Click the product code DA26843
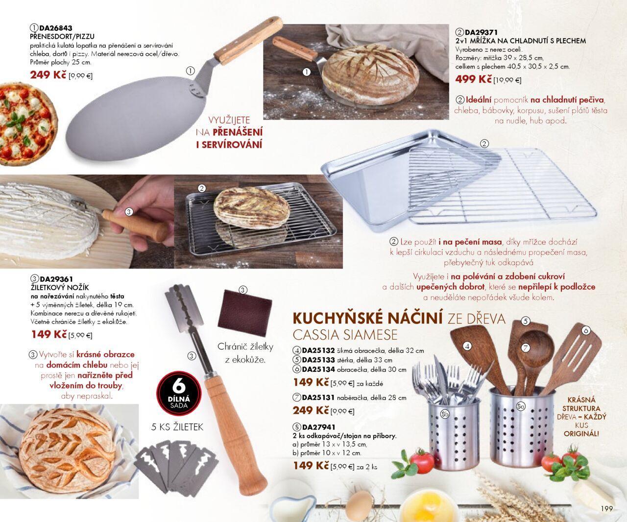tap(56, 28)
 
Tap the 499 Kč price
tap(474, 79)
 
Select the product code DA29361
tap(56, 279)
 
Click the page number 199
tap(606, 508)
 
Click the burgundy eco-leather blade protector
tap(245, 312)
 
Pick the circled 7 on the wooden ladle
tap(525, 348)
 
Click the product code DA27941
tap(318, 427)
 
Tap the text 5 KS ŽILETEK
tap(177, 427)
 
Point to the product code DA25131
tap(318, 398)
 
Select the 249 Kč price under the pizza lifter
tap(48, 75)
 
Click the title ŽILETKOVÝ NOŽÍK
tap(60, 287)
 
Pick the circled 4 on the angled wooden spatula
tap(467, 346)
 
